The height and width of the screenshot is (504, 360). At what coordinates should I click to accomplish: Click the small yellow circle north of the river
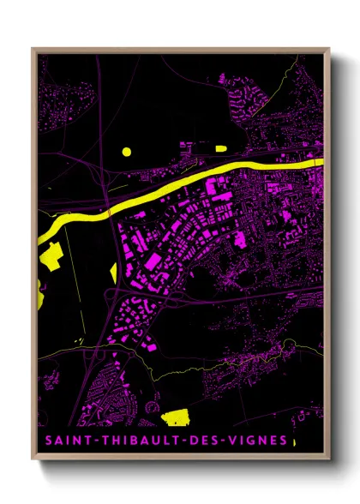click(x=126, y=152)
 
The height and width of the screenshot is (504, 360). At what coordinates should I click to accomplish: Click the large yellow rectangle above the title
click(x=178, y=417)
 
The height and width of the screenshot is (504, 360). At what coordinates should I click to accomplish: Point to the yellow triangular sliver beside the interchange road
click(x=113, y=273)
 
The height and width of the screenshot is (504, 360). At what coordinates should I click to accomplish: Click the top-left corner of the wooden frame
click(x=33, y=50)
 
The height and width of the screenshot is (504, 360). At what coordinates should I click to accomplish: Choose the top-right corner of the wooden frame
click(x=328, y=50)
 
